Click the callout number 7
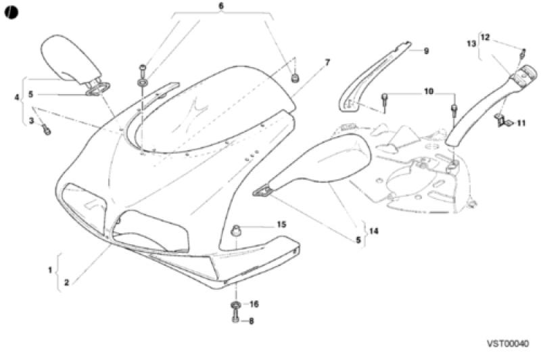[x=327, y=62]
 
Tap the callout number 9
[x=426, y=51]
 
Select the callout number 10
[x=429, y=92]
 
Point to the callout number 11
[x=521, y=123]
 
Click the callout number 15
[x=281, y=225]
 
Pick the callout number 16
[x=254, y=304]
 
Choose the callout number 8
[x=251, y=321]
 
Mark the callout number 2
[x=66, y=282]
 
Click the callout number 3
[x=31, y=121]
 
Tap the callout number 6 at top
[x=221, y=6]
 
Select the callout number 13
[x=471, y=43]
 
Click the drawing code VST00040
[x=508, y=344]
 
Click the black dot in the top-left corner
[x=11, y=13]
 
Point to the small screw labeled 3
[x=47, y=131]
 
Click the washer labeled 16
[x=235, y=305]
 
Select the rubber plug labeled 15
[x=236, y=230]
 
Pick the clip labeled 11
[x=503, y=120]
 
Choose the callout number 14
[x=374, y=231]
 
